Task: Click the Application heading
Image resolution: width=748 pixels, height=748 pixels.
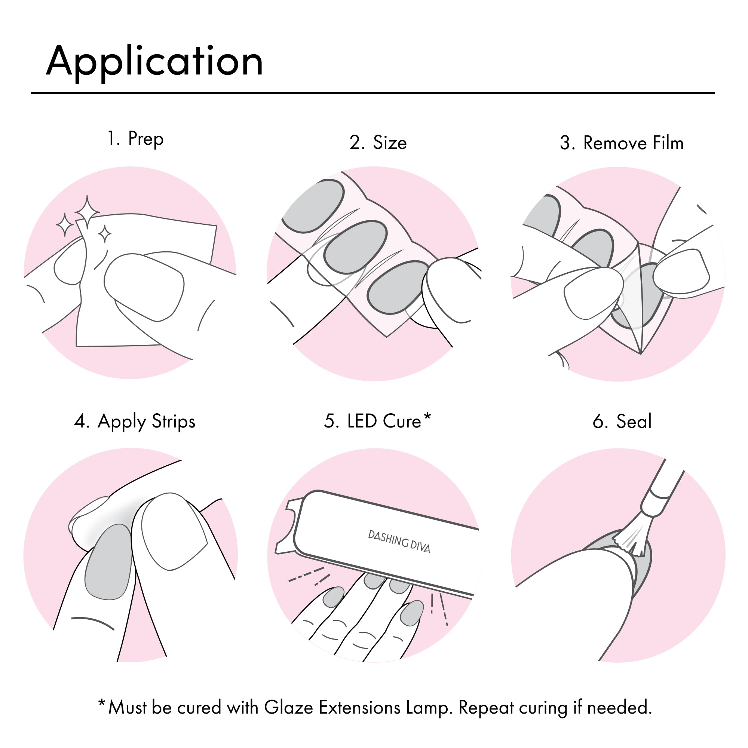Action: point(154,62)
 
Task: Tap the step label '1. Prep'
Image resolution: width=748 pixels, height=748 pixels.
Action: point(135,139)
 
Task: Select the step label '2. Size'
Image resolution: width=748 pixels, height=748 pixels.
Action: point(378,142)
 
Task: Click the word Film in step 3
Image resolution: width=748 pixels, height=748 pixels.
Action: point(668,143)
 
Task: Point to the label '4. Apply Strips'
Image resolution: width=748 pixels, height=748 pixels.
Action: point(135,421)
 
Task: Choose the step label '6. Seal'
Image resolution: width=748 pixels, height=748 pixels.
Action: point(622,421)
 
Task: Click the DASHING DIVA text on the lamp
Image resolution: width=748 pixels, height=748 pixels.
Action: point(399,542)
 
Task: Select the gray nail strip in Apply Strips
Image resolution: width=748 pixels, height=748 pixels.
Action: point(109,562)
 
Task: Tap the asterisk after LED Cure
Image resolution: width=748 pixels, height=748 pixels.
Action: point(427,417)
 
